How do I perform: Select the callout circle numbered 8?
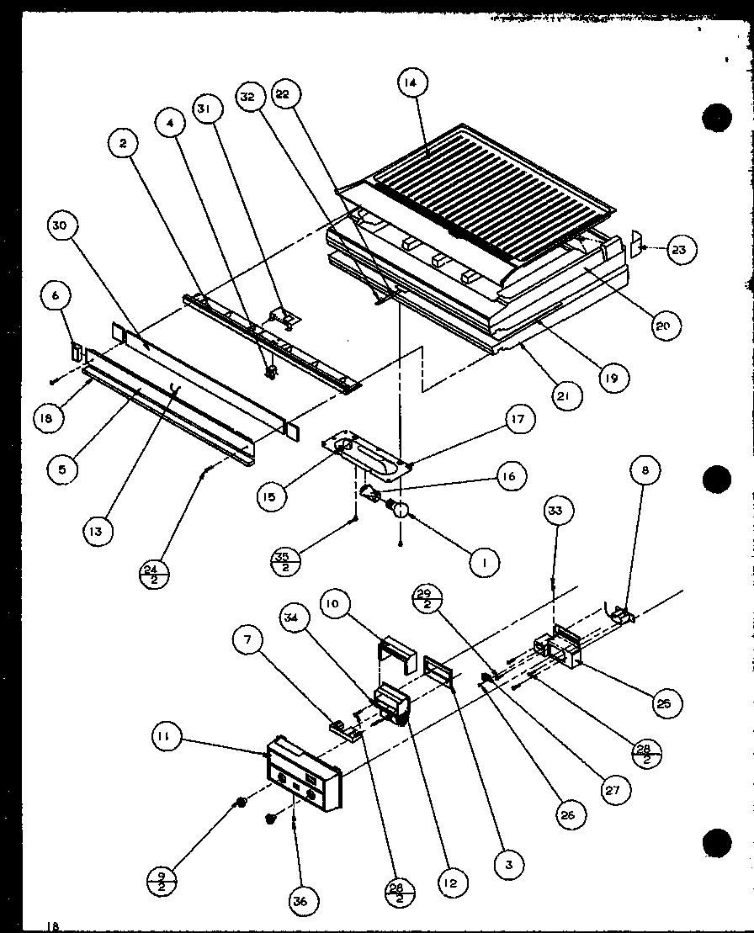[x=645, y=472]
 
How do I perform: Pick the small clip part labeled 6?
[x=75, y=351]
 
